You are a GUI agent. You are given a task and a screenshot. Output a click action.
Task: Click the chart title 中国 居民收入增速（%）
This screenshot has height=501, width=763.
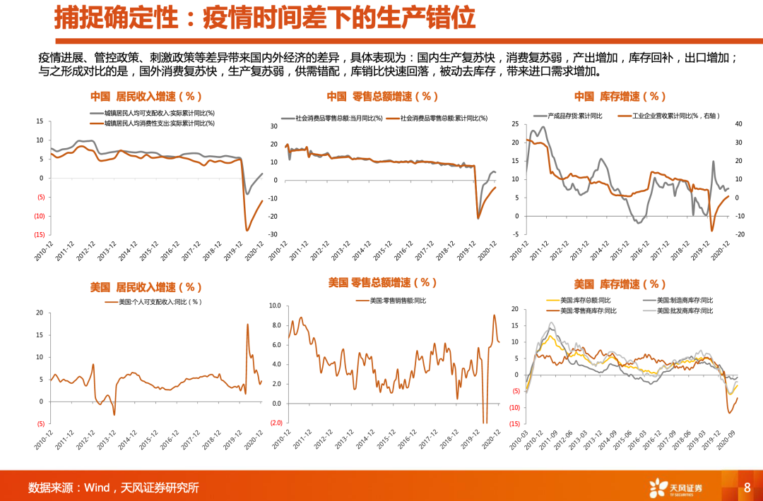146,97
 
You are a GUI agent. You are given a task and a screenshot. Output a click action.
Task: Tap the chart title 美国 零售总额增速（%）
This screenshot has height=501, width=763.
382,282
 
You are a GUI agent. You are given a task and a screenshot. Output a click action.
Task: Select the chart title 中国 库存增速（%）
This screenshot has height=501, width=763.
620,97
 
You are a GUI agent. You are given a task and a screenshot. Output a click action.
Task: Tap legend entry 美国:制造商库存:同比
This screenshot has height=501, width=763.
685,300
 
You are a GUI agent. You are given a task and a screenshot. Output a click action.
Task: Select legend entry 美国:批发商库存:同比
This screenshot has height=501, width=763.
685,310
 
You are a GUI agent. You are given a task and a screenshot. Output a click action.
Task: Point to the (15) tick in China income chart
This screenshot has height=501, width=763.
40,235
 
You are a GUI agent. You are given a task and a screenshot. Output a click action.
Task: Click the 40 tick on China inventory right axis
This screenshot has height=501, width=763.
738,124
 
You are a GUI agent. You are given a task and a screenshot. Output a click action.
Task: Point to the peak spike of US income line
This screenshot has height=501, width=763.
247,324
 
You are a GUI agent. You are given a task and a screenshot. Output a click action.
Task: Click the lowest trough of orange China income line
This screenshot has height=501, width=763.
247,230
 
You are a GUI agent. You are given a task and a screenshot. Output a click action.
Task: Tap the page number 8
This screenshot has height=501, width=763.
747,487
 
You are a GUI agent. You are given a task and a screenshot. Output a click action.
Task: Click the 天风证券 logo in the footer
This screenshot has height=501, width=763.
677,487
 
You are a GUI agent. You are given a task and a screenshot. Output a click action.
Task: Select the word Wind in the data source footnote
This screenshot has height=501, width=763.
97,488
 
